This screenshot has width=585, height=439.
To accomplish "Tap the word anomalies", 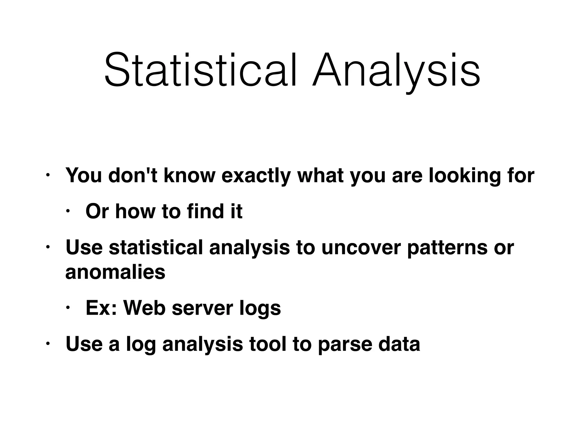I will [x=115, y=272].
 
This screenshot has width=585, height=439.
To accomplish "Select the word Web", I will [x=144, y=308].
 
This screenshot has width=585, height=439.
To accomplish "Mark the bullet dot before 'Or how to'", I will [x=68, y=211].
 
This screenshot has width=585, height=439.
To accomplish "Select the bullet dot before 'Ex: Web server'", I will [x=68, y=308].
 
